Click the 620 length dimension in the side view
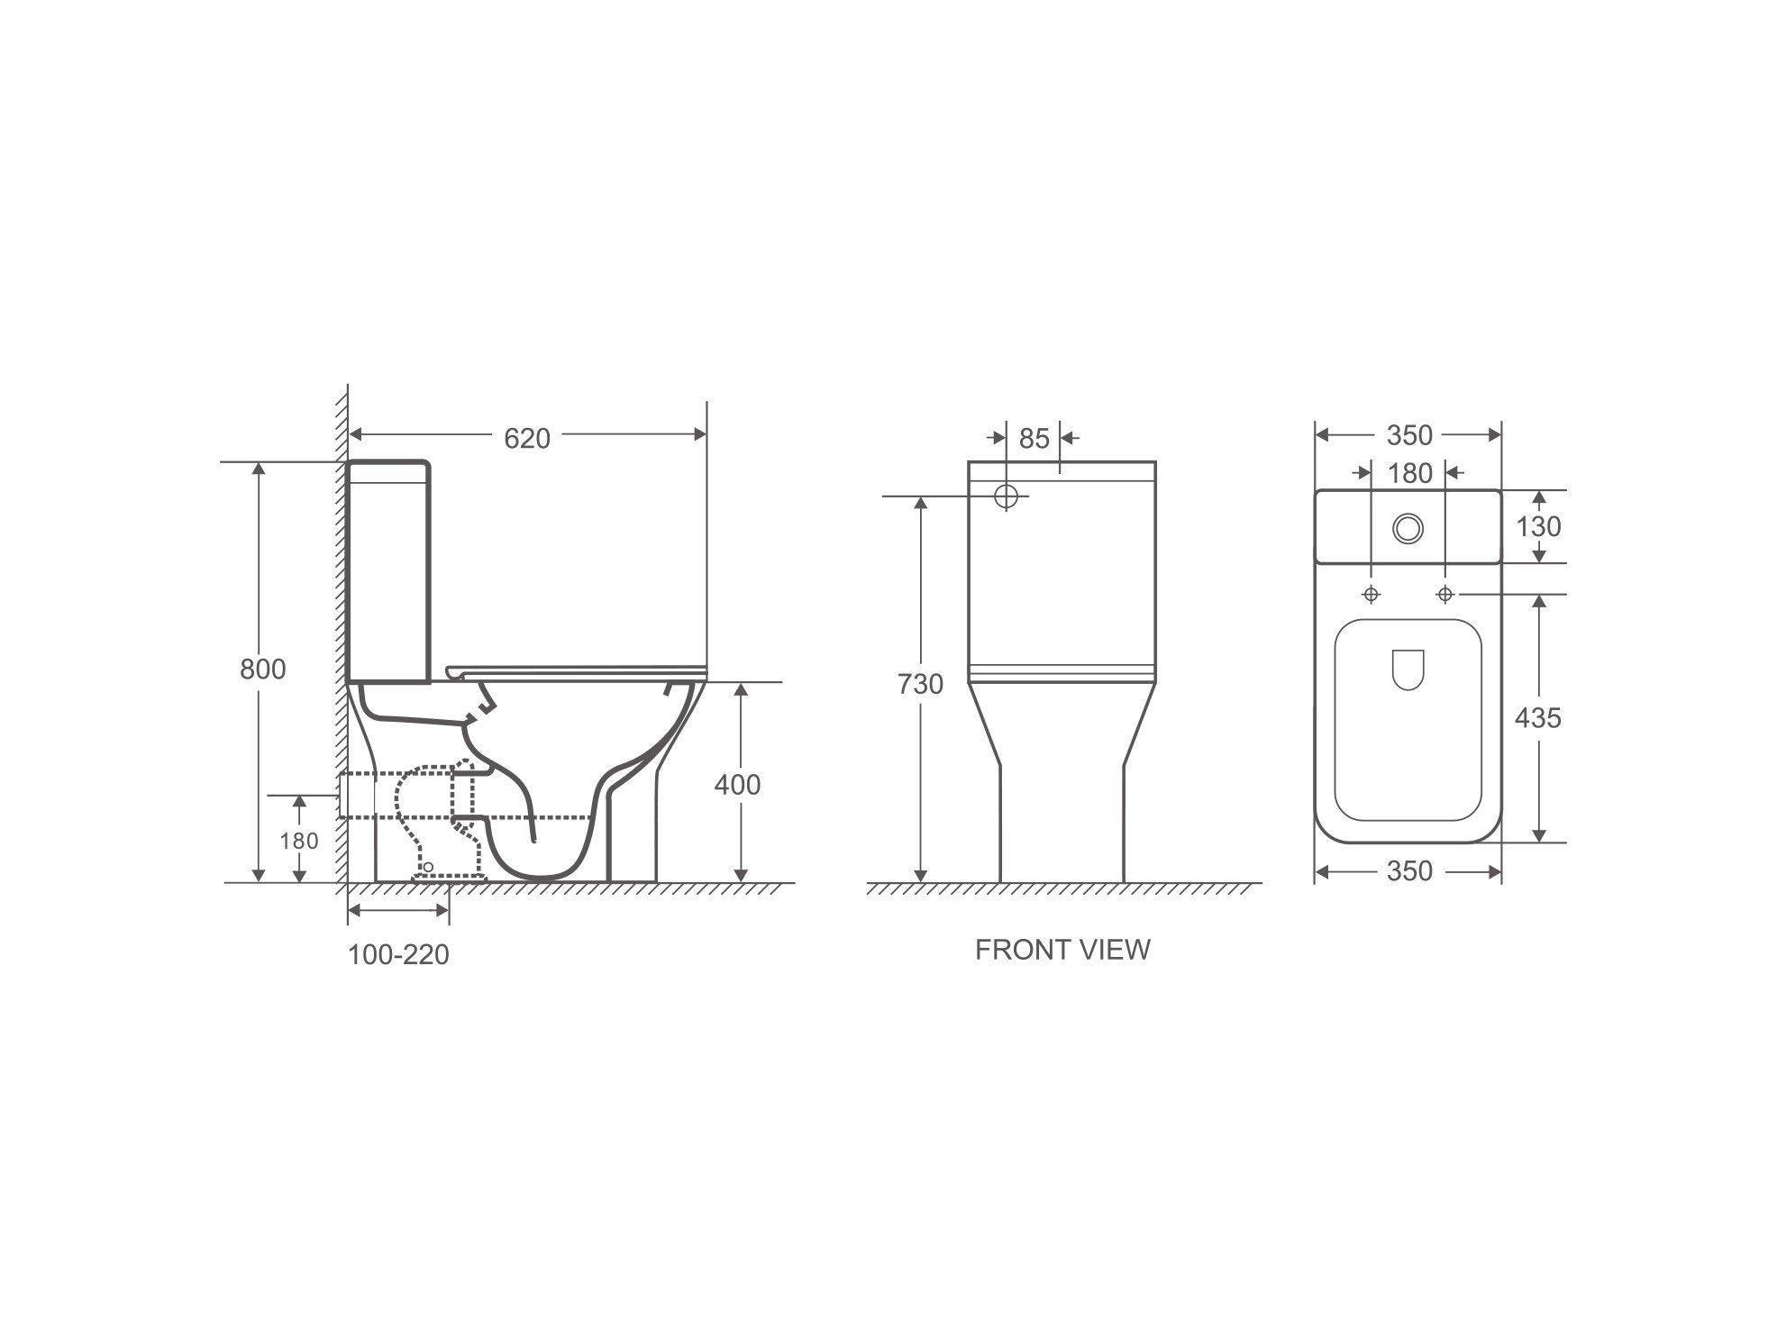526,439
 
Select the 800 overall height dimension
262,669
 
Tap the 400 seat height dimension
737,785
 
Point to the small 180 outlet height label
298,841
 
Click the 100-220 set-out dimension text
398,954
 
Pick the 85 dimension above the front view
1034,439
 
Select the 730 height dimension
920,685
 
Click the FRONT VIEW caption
1062,950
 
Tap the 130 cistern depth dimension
1538,526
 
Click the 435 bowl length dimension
1538,718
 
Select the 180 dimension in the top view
1410,473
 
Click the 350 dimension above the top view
1409,436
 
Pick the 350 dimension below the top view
1409,871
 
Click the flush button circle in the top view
1408,528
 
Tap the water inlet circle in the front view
1007,496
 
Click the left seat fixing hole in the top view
1371,595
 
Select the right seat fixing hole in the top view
1445,595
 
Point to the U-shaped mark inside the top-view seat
1407,669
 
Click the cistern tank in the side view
388,572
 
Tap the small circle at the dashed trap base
429,867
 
